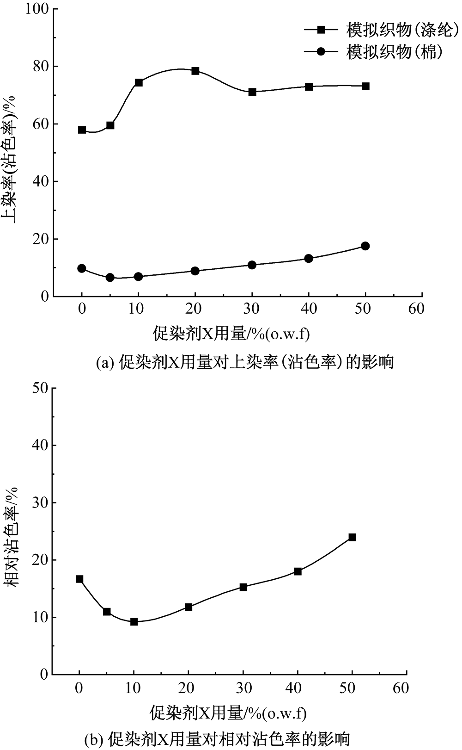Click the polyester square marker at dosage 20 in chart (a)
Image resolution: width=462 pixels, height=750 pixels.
pos(195,71)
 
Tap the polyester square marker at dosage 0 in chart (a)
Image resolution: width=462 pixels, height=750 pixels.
pos(82,130)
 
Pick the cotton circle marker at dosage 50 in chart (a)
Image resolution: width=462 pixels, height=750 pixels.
pos(365,246)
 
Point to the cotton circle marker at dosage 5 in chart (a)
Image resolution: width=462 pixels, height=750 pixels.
pos(110,277)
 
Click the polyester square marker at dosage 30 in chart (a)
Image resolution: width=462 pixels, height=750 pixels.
pos(252,92)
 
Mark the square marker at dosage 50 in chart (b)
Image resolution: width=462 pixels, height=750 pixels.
pos(352,537)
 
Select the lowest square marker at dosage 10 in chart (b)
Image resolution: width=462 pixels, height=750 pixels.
pos(134,622)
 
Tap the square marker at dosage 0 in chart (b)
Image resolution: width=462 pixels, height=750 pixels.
pos(79,579)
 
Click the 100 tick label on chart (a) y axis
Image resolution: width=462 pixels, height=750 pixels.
pos(38,9)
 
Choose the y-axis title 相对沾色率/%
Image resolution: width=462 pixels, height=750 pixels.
pos(14,537)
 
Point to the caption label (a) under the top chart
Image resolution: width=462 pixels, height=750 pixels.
pos(103,362)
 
